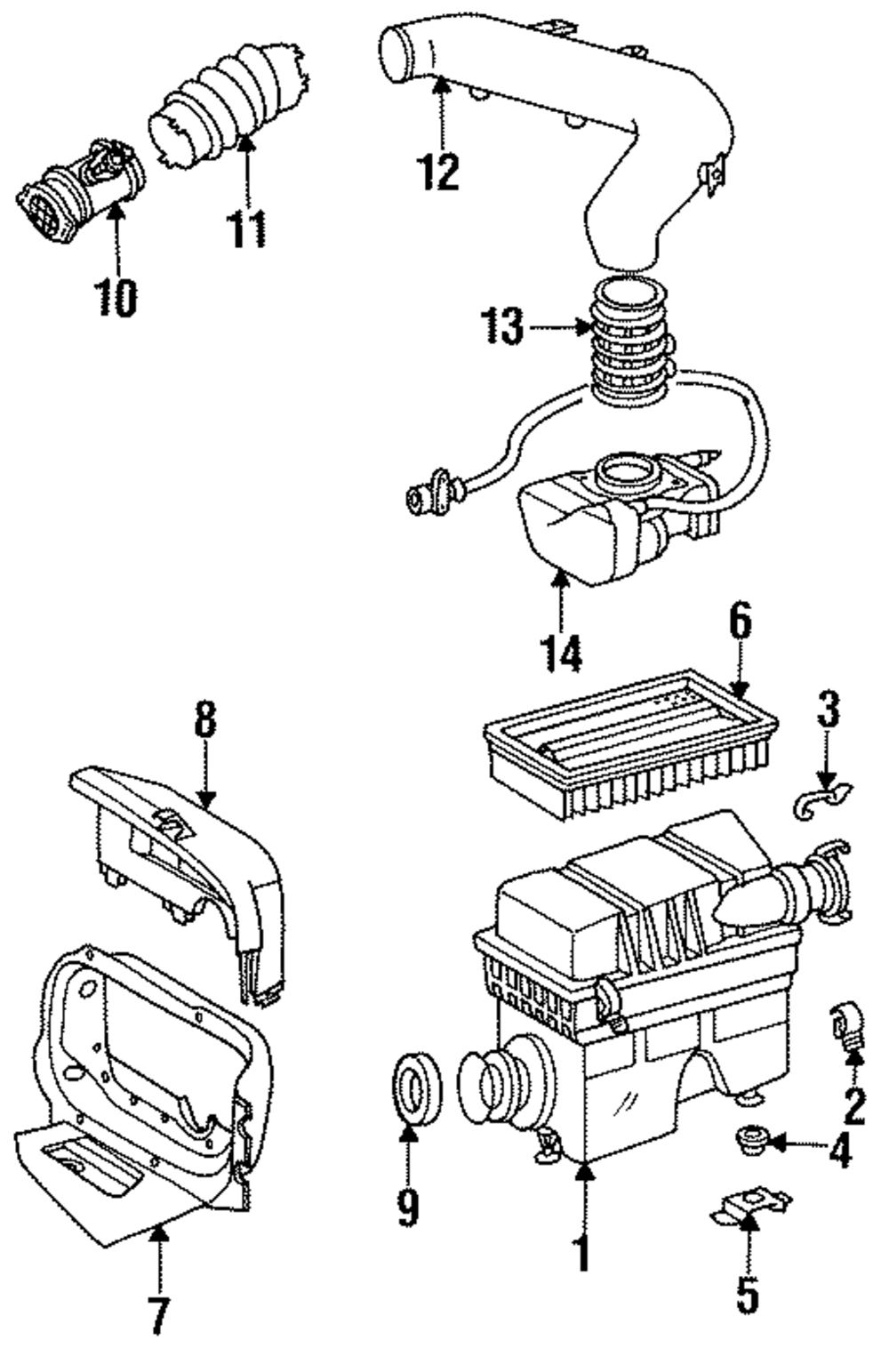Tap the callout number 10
[116, 297]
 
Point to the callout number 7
[158, 1317]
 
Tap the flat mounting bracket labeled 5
[751, 1214]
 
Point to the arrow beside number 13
[560, 327]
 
